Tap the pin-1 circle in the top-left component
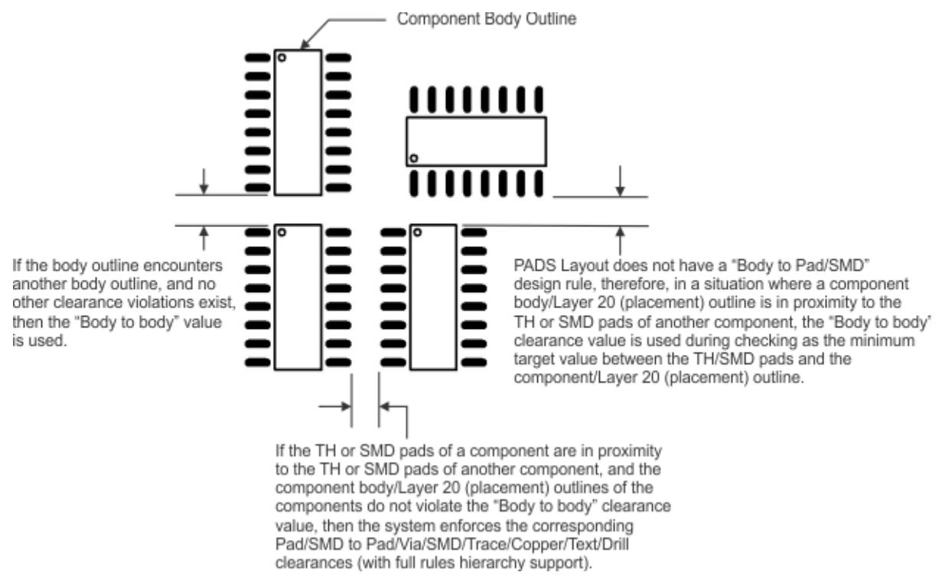(282, 57)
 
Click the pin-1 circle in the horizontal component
(414, 158)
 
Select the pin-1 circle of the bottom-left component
(282, 232)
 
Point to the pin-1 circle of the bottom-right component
(419, 232)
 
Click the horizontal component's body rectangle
(476, 141)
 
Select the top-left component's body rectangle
(298, 122)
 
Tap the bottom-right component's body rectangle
(434, 294)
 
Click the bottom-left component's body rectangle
(298, 294)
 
